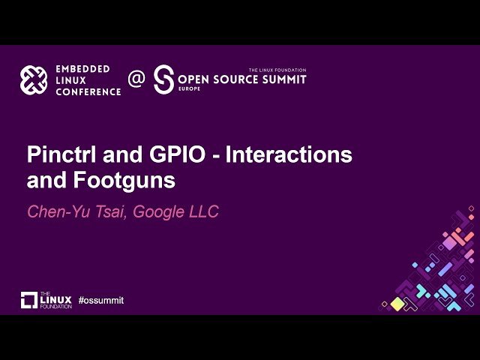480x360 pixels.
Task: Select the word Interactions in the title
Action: (289, 156)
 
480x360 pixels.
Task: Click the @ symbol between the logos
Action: (136, 79)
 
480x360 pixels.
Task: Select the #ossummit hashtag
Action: (100, 300)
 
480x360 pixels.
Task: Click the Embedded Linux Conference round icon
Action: (34, 80)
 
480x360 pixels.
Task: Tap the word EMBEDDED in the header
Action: (82, 69)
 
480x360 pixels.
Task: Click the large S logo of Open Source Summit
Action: (163, 79)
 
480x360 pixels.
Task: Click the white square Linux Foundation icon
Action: (29, 300)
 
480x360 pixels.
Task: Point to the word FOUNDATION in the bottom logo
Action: (57, 306)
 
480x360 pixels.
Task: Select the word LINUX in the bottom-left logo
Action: (57, 298)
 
